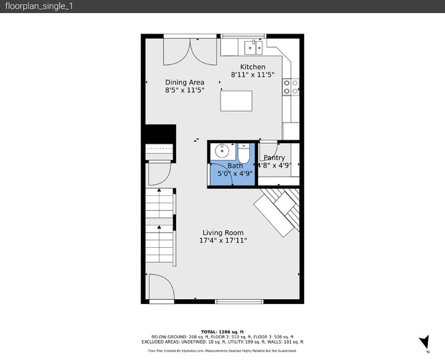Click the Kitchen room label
tap(252, 66)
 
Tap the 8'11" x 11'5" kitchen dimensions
tap(252, 75)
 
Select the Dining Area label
tap(184, 82)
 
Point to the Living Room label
tap(222, 233)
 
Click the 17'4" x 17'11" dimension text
tap(222, 241)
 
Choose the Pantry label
tap(274, 157)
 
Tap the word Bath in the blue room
tap(235, 166)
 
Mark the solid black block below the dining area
tap(160, 133)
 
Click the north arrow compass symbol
tap(424, 342)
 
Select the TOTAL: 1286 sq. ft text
tap(222, 331)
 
